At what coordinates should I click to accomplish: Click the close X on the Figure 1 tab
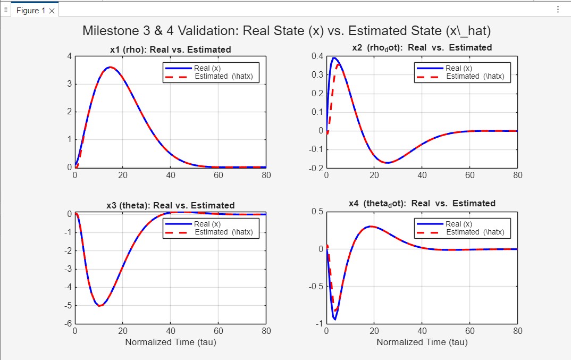click(52, 11)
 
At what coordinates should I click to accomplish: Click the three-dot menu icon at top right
click(558, 10)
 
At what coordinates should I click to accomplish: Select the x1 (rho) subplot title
click(170, 49)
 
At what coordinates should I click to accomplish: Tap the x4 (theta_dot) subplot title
click(422, 204)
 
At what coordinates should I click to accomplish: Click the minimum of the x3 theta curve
click(100, 306)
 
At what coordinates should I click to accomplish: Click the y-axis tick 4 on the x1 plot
click(70, 56)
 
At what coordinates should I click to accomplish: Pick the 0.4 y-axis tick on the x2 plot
click(317, 56)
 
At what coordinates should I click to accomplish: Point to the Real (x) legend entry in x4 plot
click(458, 224)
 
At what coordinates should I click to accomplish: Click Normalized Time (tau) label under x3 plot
click(170, 342)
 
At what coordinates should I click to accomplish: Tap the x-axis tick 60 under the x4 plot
click(470, 331)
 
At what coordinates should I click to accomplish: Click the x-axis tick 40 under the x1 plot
click(171, 175)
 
